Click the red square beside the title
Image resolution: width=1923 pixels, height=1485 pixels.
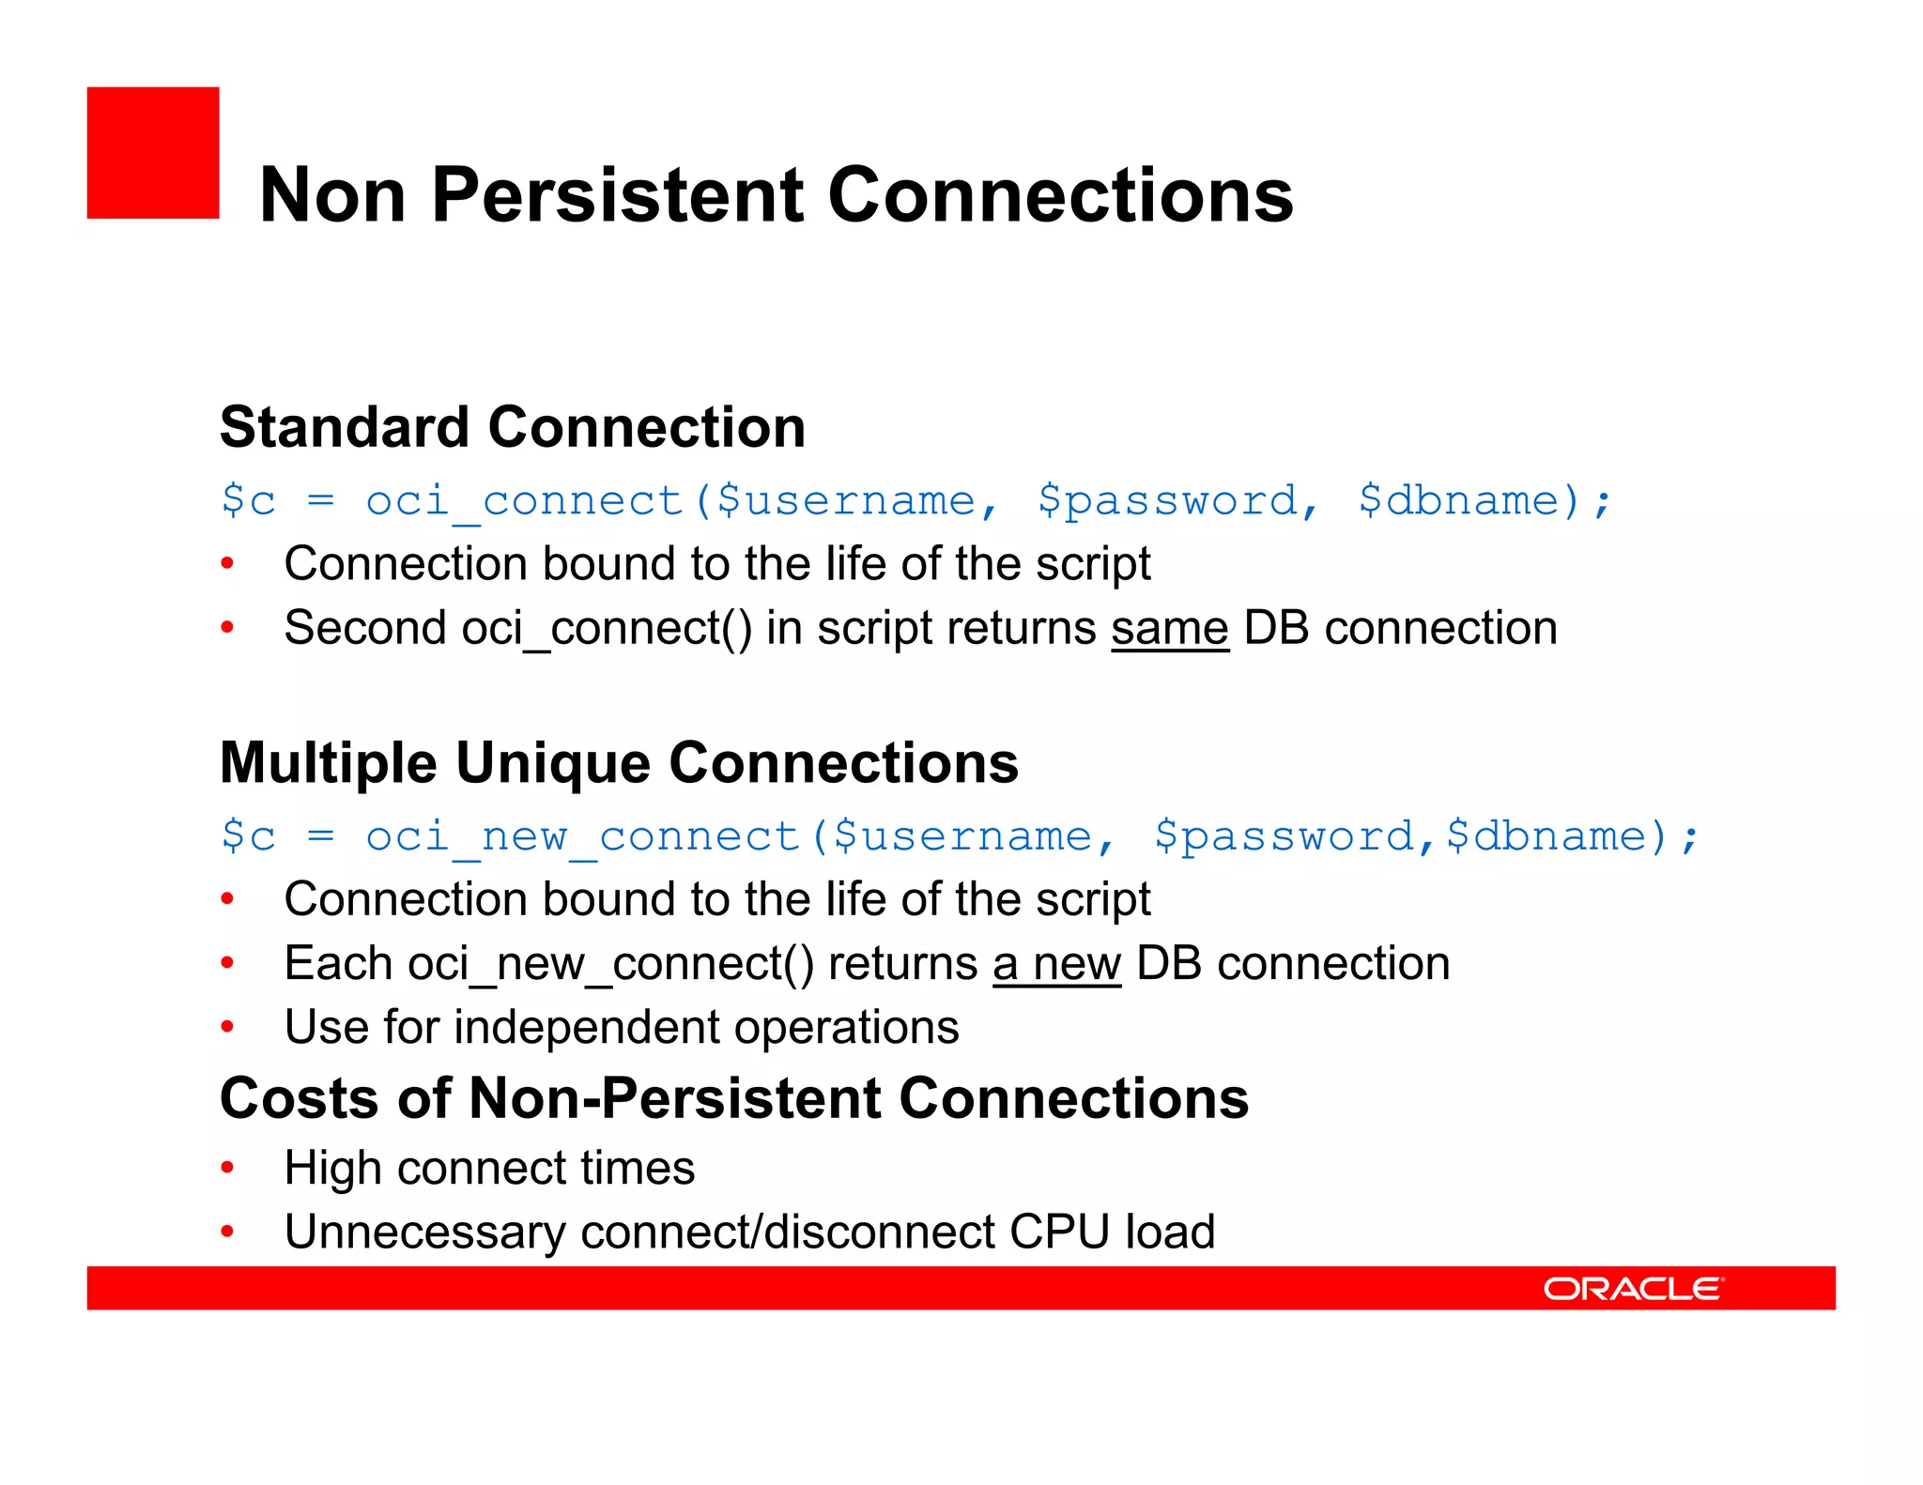(153, 153)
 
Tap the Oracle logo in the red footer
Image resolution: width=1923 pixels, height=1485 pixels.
(1633, 1288)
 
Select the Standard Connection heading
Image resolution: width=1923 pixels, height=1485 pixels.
(513, 427)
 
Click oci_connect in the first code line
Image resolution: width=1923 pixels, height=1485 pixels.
(524, 500)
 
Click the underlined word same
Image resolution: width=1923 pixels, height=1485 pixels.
(1170, 628)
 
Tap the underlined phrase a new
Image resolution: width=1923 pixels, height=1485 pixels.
(1056, 964)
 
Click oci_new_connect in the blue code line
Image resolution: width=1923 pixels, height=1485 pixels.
(582, 836)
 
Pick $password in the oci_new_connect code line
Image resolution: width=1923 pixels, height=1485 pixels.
(1284, 836)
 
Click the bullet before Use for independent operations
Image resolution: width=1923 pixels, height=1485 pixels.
(227, 1027)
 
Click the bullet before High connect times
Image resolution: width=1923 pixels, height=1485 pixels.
(227, 1169)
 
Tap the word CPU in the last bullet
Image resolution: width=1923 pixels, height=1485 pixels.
(1059, 1232)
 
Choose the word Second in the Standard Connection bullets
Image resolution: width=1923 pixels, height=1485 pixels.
(364, 628)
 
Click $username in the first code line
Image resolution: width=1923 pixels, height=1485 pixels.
(845, 500)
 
